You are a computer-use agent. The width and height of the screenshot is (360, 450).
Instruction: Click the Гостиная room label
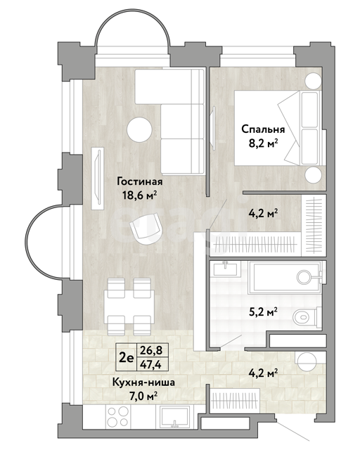point(140,182)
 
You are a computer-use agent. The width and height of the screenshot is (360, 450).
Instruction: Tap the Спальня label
point(263,129)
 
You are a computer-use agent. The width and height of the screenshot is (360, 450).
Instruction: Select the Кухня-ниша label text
point(143,382)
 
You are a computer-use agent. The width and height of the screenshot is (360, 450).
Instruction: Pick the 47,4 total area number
point(150,364)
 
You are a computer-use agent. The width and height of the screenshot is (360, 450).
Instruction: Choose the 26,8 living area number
point(151,350)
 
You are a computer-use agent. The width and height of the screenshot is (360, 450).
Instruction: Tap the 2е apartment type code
point(127,358)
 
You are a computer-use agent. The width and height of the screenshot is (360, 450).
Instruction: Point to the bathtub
point(284,277)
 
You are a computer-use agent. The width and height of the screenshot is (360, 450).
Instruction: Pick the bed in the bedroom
point(278,128)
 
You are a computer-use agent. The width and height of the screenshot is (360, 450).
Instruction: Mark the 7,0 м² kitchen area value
point(143,397)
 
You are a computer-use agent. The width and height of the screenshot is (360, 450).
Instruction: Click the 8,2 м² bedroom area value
point(264,143)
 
